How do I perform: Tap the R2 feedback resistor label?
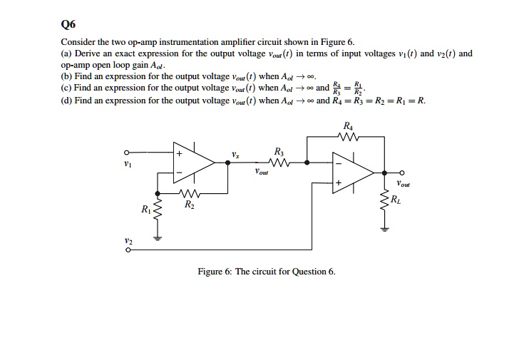click(x=188, y=205)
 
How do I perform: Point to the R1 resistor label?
click(x=145, y=209)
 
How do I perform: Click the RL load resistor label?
click(x=397, y=199)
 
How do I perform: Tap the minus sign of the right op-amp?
click(x=339, y=163)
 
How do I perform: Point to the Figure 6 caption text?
click(x=266, y=272)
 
